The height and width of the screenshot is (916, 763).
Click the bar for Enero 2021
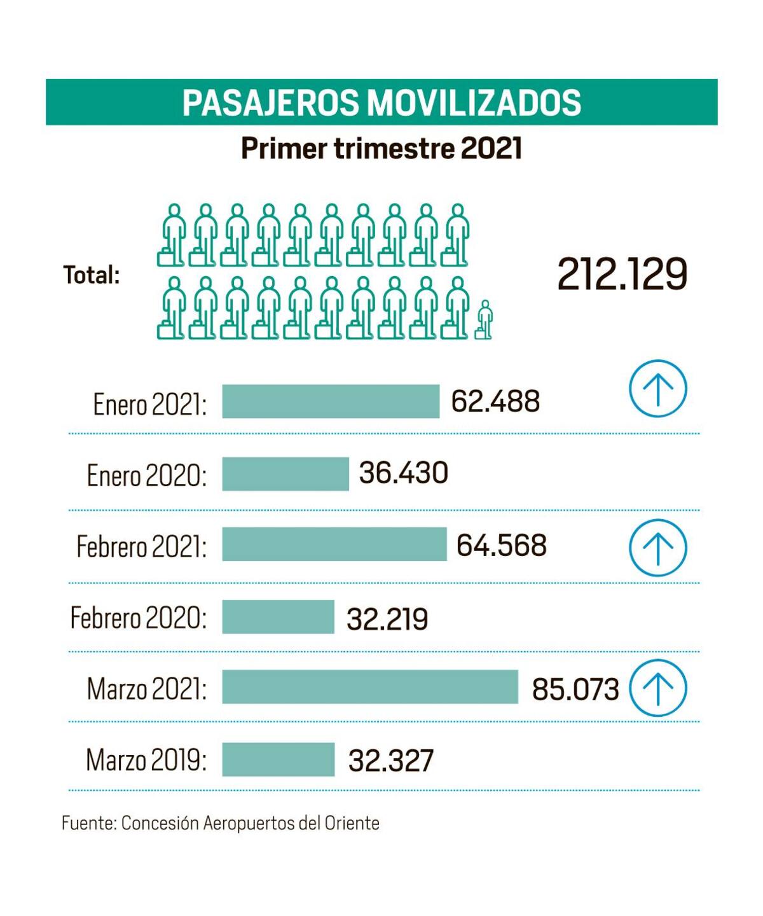[x=331, y=401]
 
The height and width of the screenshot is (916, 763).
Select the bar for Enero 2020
[x=285, y=474]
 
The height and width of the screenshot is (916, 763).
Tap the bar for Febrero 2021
[x=334, y=545]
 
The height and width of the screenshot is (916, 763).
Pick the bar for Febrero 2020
[x=278, y=617]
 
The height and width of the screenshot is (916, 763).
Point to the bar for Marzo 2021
[x=370, y=687]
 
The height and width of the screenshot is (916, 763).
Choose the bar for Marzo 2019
[x=278, y=760]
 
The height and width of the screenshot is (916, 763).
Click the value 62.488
[x=495, y=401]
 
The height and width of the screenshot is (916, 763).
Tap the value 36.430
[x=404, y=473]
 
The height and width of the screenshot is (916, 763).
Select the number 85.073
[x=575, y=689]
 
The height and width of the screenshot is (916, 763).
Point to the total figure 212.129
[x=622, y=275]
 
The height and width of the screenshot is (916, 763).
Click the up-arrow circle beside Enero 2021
[x=658, y=389]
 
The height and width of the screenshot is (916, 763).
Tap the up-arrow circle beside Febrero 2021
[x=658, y=547]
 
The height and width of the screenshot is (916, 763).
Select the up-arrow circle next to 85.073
[x=658, y=688]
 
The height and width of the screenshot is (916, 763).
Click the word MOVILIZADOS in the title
[x=474, y=102]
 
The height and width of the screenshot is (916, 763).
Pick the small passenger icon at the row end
[x=485, y=319]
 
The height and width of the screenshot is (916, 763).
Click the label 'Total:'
[x=92, y=275]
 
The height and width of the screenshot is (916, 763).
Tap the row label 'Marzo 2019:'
[x=146, y=760]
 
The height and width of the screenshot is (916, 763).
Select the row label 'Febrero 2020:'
[x=139, y=617]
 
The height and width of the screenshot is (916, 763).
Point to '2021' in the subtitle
[x=491, y=149]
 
